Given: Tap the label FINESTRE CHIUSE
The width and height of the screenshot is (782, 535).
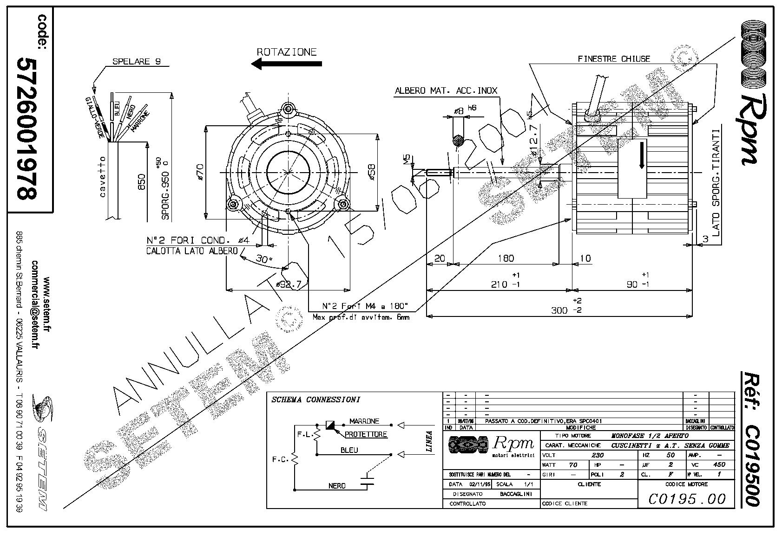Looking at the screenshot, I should (613, 59).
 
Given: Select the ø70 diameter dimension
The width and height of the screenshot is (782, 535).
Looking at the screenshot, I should (199, 172).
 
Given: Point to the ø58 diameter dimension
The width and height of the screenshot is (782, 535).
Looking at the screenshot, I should (371, 172).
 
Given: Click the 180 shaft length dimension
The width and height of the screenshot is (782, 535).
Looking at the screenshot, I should (506, 258).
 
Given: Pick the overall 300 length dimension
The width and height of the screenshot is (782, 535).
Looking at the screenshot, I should (559, 310).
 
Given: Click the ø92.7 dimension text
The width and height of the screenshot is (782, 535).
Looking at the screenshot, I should (289, 284).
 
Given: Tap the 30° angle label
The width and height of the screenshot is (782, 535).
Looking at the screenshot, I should (264, 259).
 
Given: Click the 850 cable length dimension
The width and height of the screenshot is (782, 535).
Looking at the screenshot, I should (142, 182).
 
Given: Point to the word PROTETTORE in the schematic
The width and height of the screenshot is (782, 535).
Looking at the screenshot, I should (366, 435).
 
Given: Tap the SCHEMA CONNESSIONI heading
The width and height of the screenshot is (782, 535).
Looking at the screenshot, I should (315, 400).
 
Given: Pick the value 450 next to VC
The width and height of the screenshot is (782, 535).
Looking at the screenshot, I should (719, 464).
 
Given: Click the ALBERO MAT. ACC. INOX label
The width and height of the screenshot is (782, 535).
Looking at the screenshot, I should (446, 91).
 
